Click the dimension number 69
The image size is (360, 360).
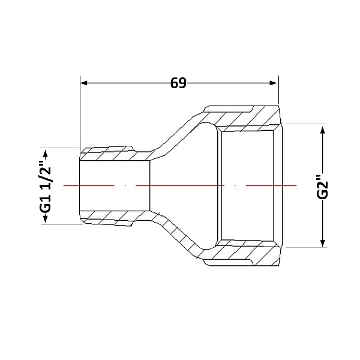point(178,83)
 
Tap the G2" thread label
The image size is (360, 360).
point(323,187)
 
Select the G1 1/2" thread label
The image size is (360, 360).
point(45,186)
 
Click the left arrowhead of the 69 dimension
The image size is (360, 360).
point(84,83)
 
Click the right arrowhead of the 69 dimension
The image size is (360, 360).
point(274,83)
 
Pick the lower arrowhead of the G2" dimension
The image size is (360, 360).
point(323,243)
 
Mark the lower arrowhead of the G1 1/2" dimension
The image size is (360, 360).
point(45,219)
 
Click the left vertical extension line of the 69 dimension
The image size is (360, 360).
point(80,113)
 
